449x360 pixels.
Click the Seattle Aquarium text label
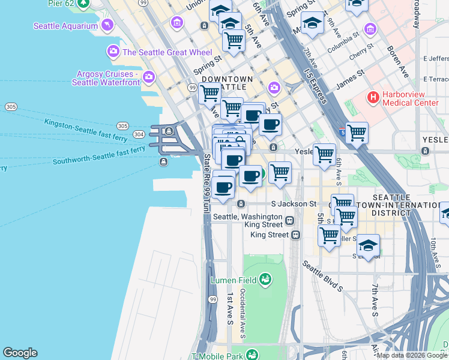tap(65, 26)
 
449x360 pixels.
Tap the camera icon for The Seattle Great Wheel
tap(113, 52)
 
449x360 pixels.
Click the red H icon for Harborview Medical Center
tap(374, 97)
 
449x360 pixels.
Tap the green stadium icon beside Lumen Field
tap(265, 279)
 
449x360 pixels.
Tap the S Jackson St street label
tap(294, 204)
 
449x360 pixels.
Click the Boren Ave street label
tap(397, 62)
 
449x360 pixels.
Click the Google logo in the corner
tap(20, 353)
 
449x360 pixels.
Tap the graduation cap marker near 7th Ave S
tap(368, 245)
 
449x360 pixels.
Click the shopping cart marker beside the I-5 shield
tap(357, 133)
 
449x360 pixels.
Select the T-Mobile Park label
tap(219, 356)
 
